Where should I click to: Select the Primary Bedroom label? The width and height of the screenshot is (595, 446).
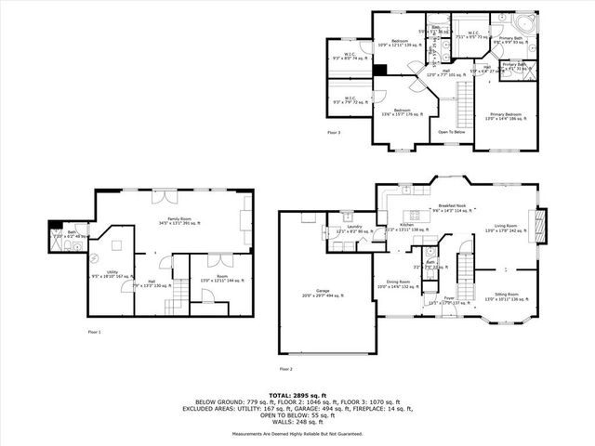click(x=506, y=115)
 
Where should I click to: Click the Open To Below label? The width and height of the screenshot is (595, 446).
click(x=452, y=131)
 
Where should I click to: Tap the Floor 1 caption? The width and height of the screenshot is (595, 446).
click(x=95, y=331)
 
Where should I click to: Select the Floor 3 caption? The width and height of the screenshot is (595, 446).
click(x=334, y=132)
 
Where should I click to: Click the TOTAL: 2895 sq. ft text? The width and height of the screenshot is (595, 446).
click(x=297, y=396)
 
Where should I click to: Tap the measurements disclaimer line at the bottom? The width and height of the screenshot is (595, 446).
click(x=297, y=433)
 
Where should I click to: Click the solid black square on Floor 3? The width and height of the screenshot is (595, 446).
click(x=378, y=69)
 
